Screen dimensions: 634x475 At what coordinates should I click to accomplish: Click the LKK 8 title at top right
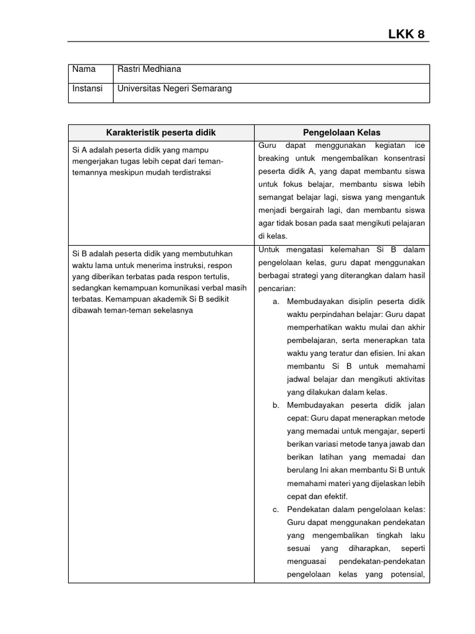coord(406,35)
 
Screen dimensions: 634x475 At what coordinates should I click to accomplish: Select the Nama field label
coord(84,69)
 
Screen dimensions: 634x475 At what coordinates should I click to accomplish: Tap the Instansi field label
coord(87,89)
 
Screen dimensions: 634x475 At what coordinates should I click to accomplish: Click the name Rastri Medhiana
coord(149,69)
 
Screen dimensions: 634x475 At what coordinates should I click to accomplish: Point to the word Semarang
coord(210,89)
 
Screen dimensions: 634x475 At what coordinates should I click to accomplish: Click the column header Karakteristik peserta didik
coord(161,132)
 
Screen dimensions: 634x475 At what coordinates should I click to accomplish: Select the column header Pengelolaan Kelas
coord(341,132)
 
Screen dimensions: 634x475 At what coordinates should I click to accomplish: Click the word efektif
coord(334,496)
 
